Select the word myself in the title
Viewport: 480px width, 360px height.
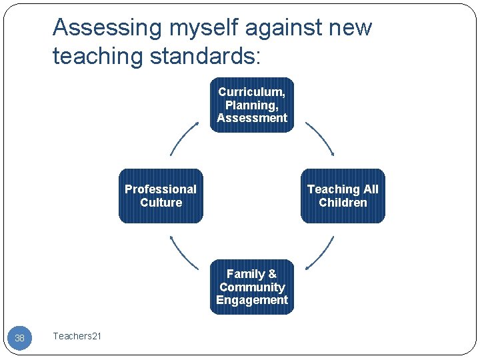click(198, 28)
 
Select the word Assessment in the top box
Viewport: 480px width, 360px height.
click(251, 118)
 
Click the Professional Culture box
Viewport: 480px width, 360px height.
click(161, 196)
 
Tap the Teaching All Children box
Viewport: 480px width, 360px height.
click(343, 196)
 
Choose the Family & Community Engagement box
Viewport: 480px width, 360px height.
click(252, 287)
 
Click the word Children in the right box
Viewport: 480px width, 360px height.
click(343, 203)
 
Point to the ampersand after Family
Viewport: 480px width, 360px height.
click(272, 274)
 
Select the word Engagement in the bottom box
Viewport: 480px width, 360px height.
click(252, 300)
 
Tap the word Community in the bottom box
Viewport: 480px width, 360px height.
click(252, 287)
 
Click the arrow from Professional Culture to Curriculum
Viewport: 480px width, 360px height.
click(184, 138)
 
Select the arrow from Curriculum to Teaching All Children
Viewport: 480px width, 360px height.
click(320, 138)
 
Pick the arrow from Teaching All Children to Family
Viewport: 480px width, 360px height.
click(320, 253)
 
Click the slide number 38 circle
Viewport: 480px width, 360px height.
click(19, 338)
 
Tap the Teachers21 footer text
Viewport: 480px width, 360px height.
click(77, 336)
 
